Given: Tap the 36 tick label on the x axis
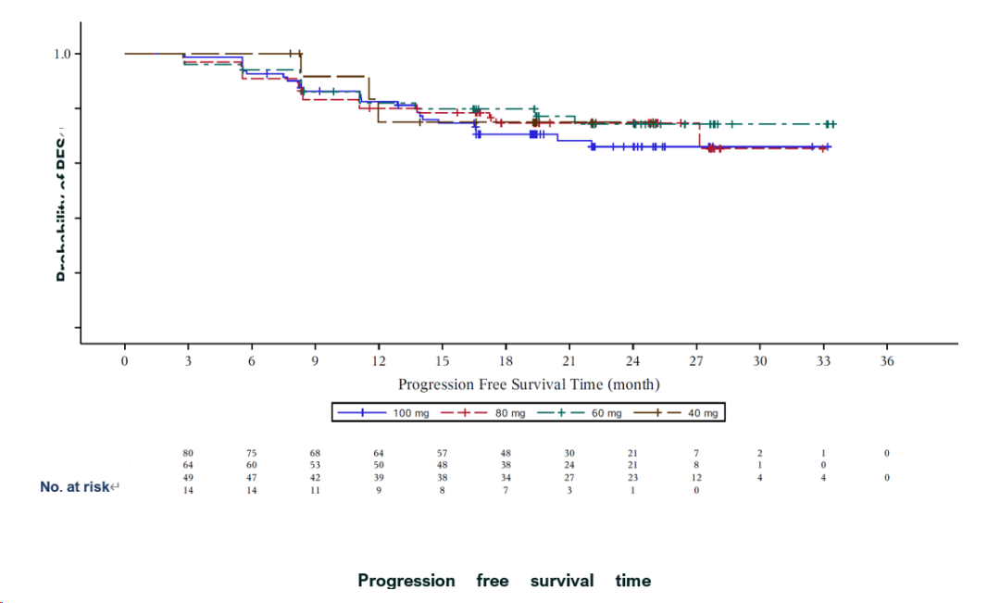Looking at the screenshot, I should [x=887, y=361].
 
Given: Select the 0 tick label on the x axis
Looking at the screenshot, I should [x=125, y=361].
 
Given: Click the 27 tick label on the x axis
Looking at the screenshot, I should [x=696, y=361].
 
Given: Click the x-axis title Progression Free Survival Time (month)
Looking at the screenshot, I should [x=529, y=383].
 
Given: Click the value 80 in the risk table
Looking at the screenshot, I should [x=188, y=453].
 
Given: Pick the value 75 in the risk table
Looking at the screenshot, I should [x=252, y=453].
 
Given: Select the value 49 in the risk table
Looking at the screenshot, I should [x=188, y=478].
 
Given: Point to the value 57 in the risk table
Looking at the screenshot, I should [x=443, y=453].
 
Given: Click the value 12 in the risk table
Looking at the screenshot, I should [x=696, y=478].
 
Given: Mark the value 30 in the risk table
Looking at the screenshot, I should [x=569, y=453].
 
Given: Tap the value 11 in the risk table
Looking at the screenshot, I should [x=315, y=490].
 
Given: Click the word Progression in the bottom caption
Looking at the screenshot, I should [x=406, y=581].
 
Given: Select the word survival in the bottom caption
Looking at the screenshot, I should [x=561, y=581].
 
